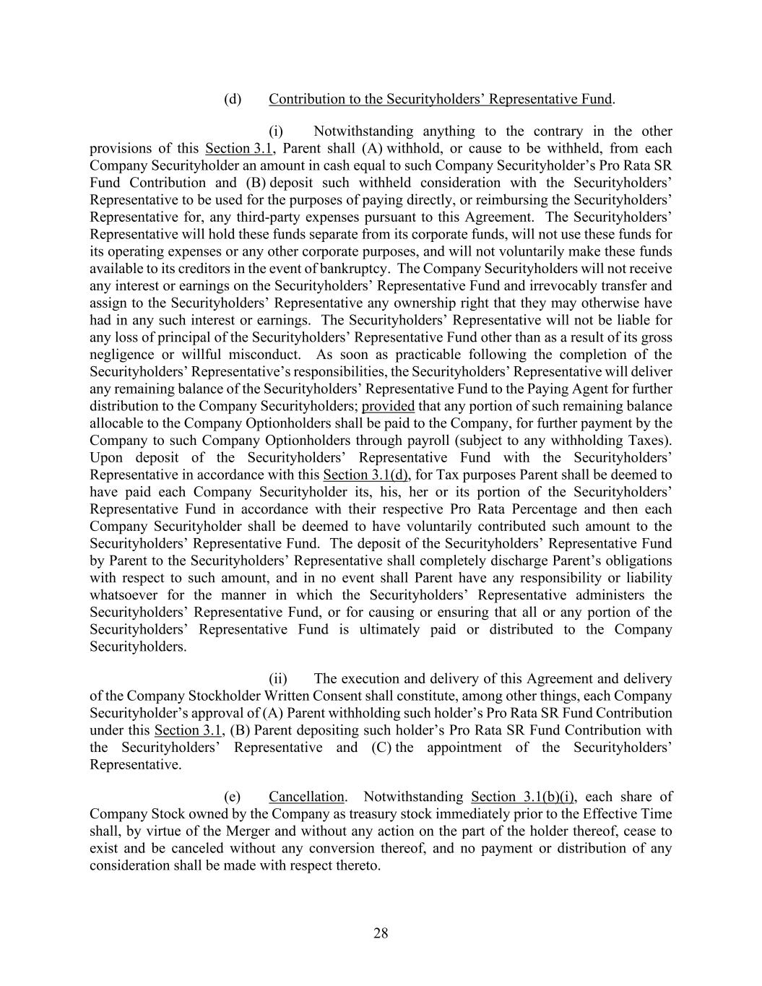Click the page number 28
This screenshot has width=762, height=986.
[381, 933]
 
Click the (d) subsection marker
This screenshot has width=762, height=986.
[232, 99]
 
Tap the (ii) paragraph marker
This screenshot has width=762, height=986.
[278, 679]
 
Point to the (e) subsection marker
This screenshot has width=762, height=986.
[232, 797]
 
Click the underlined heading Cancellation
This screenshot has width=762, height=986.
[306, 797]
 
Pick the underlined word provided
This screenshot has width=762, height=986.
[388, 406]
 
